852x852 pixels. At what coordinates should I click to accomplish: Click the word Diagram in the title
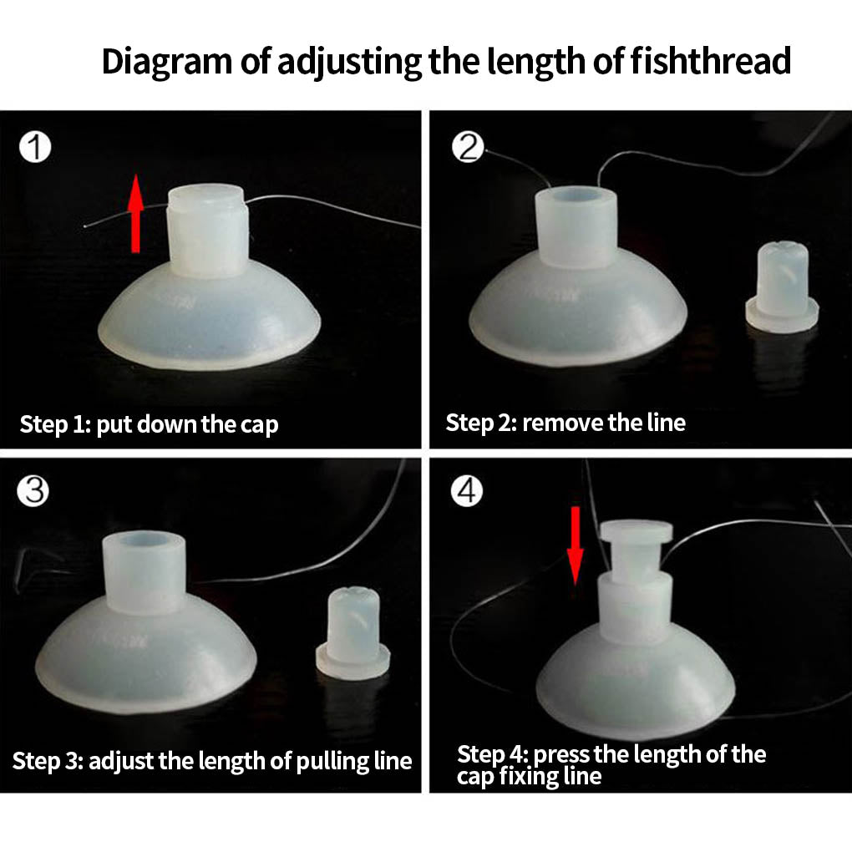167,63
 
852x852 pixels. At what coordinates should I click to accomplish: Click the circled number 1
35,147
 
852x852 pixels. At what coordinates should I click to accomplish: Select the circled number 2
467,147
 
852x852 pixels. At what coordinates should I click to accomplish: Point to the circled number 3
33,490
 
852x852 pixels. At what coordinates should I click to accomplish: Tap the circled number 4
467,490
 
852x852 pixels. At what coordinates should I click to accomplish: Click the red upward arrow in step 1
135,214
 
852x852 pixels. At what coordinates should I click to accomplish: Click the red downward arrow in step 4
575,546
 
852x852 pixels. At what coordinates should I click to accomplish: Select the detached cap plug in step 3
353,633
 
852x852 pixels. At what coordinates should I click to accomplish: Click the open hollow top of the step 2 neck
576,196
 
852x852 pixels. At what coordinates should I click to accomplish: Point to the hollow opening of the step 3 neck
145,540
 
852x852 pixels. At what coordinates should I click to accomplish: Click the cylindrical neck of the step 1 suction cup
207,231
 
